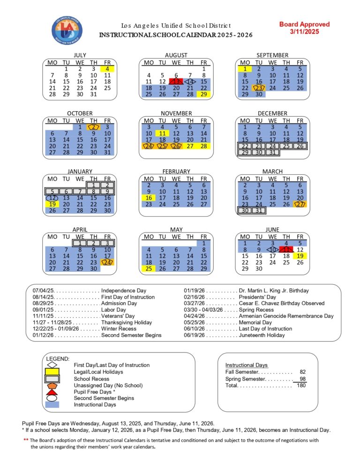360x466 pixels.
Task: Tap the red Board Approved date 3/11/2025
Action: (304, 31)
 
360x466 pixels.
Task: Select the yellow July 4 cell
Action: (107, 68)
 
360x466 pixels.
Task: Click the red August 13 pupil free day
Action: (176, 82)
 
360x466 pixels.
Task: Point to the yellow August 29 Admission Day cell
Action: (204, 94)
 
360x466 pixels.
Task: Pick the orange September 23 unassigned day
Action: (259, 88)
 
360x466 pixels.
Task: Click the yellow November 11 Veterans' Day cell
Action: (162, 133)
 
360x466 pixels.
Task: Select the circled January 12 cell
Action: (52, 198)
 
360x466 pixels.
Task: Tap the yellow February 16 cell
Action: (149, 198)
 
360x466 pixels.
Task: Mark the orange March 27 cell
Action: (300, 204)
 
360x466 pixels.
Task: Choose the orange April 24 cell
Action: (107, 262)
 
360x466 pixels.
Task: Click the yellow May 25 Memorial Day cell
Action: (149, 269)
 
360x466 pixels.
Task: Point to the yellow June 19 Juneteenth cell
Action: (300, 256)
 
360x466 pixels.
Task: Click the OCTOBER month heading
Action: (80, 113)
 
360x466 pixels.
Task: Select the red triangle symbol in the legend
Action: (52, 392)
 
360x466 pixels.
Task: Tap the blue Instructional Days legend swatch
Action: (52, 405)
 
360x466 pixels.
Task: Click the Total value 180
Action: (301, 385)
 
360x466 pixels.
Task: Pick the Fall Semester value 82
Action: (303, 372)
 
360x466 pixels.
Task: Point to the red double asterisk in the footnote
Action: (26, 440)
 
